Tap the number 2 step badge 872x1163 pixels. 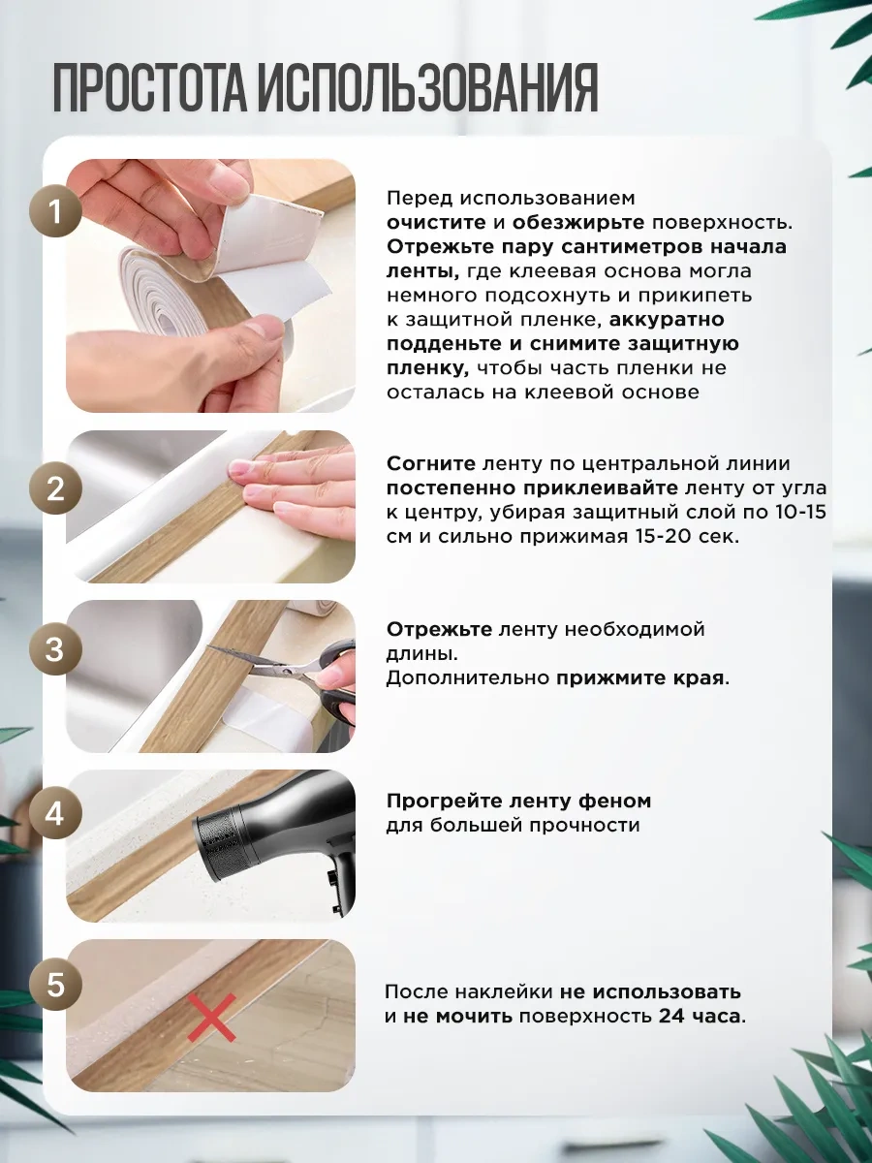coord(55,488)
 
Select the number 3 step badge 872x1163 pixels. coord(55,649)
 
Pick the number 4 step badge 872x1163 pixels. coord(55,814)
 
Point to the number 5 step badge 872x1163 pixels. coord(55,985)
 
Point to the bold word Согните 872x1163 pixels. coord(431,463)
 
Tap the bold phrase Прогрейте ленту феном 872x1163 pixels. coord(519,802)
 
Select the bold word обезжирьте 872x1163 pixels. coord(578,223)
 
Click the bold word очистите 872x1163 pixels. coord(436,223)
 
